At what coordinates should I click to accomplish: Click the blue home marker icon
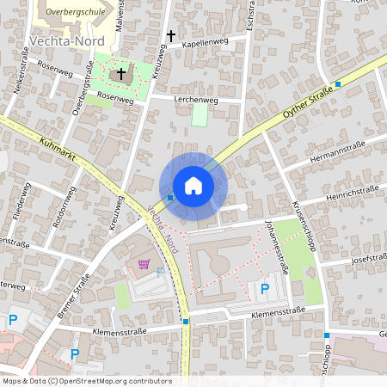[193, 186]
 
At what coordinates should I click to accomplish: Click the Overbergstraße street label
[81, 95]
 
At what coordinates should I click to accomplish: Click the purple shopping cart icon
[144, 264]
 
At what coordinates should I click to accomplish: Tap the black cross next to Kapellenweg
[171, 36]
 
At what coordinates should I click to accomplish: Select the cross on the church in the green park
[121, 74]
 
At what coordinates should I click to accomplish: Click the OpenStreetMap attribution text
[86, 381]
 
